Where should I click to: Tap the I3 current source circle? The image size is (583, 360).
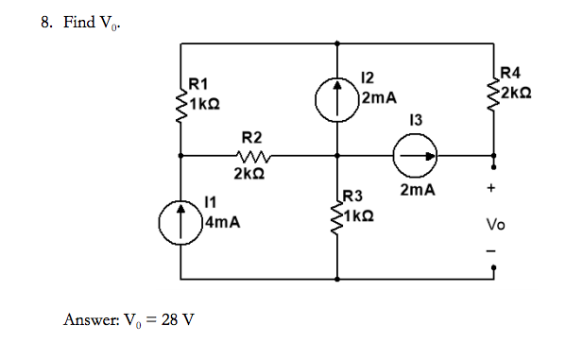(416, 157)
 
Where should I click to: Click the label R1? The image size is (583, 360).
(200, 84)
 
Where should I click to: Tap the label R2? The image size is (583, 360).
(252, 138)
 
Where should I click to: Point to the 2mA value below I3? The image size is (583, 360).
(417, 190)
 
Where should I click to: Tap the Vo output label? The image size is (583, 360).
(495, 225)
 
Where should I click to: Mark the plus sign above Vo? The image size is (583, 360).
(491, 189)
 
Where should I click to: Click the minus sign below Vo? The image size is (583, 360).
(490, 250)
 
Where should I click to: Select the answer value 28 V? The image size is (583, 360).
(178, 318)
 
